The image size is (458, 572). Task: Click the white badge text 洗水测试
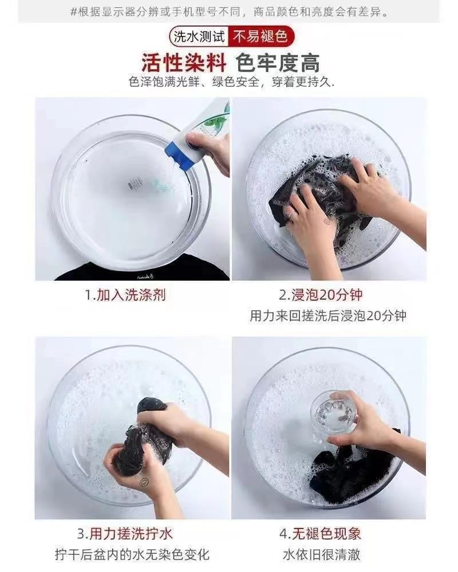click(199, 37)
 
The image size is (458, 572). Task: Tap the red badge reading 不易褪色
click(260, 37)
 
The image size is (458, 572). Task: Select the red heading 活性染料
click(184, 63)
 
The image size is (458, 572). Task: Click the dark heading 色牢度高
click(278, 63)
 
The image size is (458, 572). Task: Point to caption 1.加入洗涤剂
click(125, 295)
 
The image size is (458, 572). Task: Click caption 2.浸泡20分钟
click(321, 295)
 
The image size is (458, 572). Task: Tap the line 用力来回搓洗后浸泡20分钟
click(328, 316)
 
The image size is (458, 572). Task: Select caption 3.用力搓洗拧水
click(125, 534)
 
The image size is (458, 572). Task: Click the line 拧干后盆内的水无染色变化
click(132, 554)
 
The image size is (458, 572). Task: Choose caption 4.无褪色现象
click(320, 534)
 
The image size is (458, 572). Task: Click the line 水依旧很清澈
click(321, 554)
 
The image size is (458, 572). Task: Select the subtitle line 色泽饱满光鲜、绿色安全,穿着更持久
click(231, 82)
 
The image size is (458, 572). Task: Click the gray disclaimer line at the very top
click(230, 12)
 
